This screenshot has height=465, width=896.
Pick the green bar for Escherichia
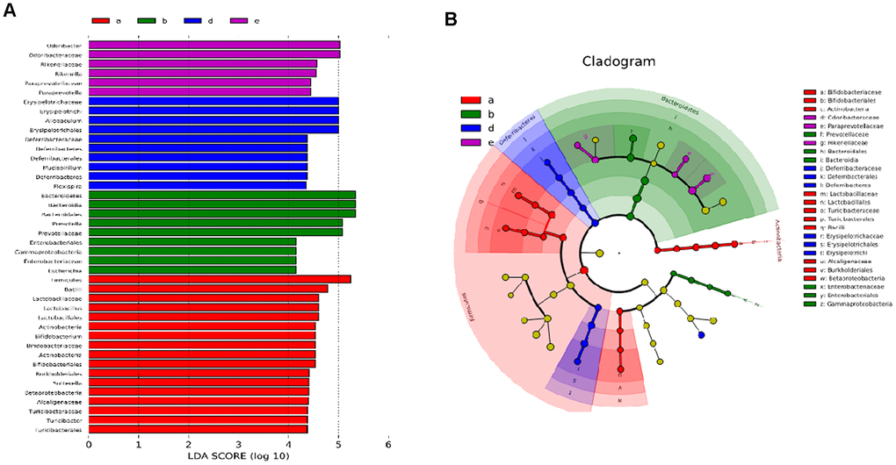click(x=192, y=269)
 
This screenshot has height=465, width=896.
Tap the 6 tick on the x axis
click(x=388, y=446)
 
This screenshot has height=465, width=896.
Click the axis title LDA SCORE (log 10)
click(x=238, y=458)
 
